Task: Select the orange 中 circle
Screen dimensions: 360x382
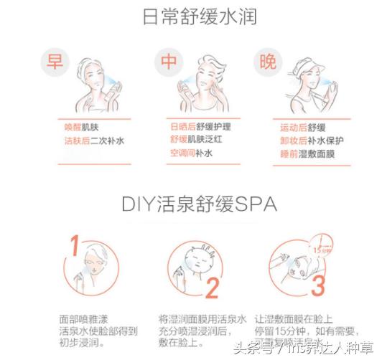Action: click(x=169, y=62)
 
